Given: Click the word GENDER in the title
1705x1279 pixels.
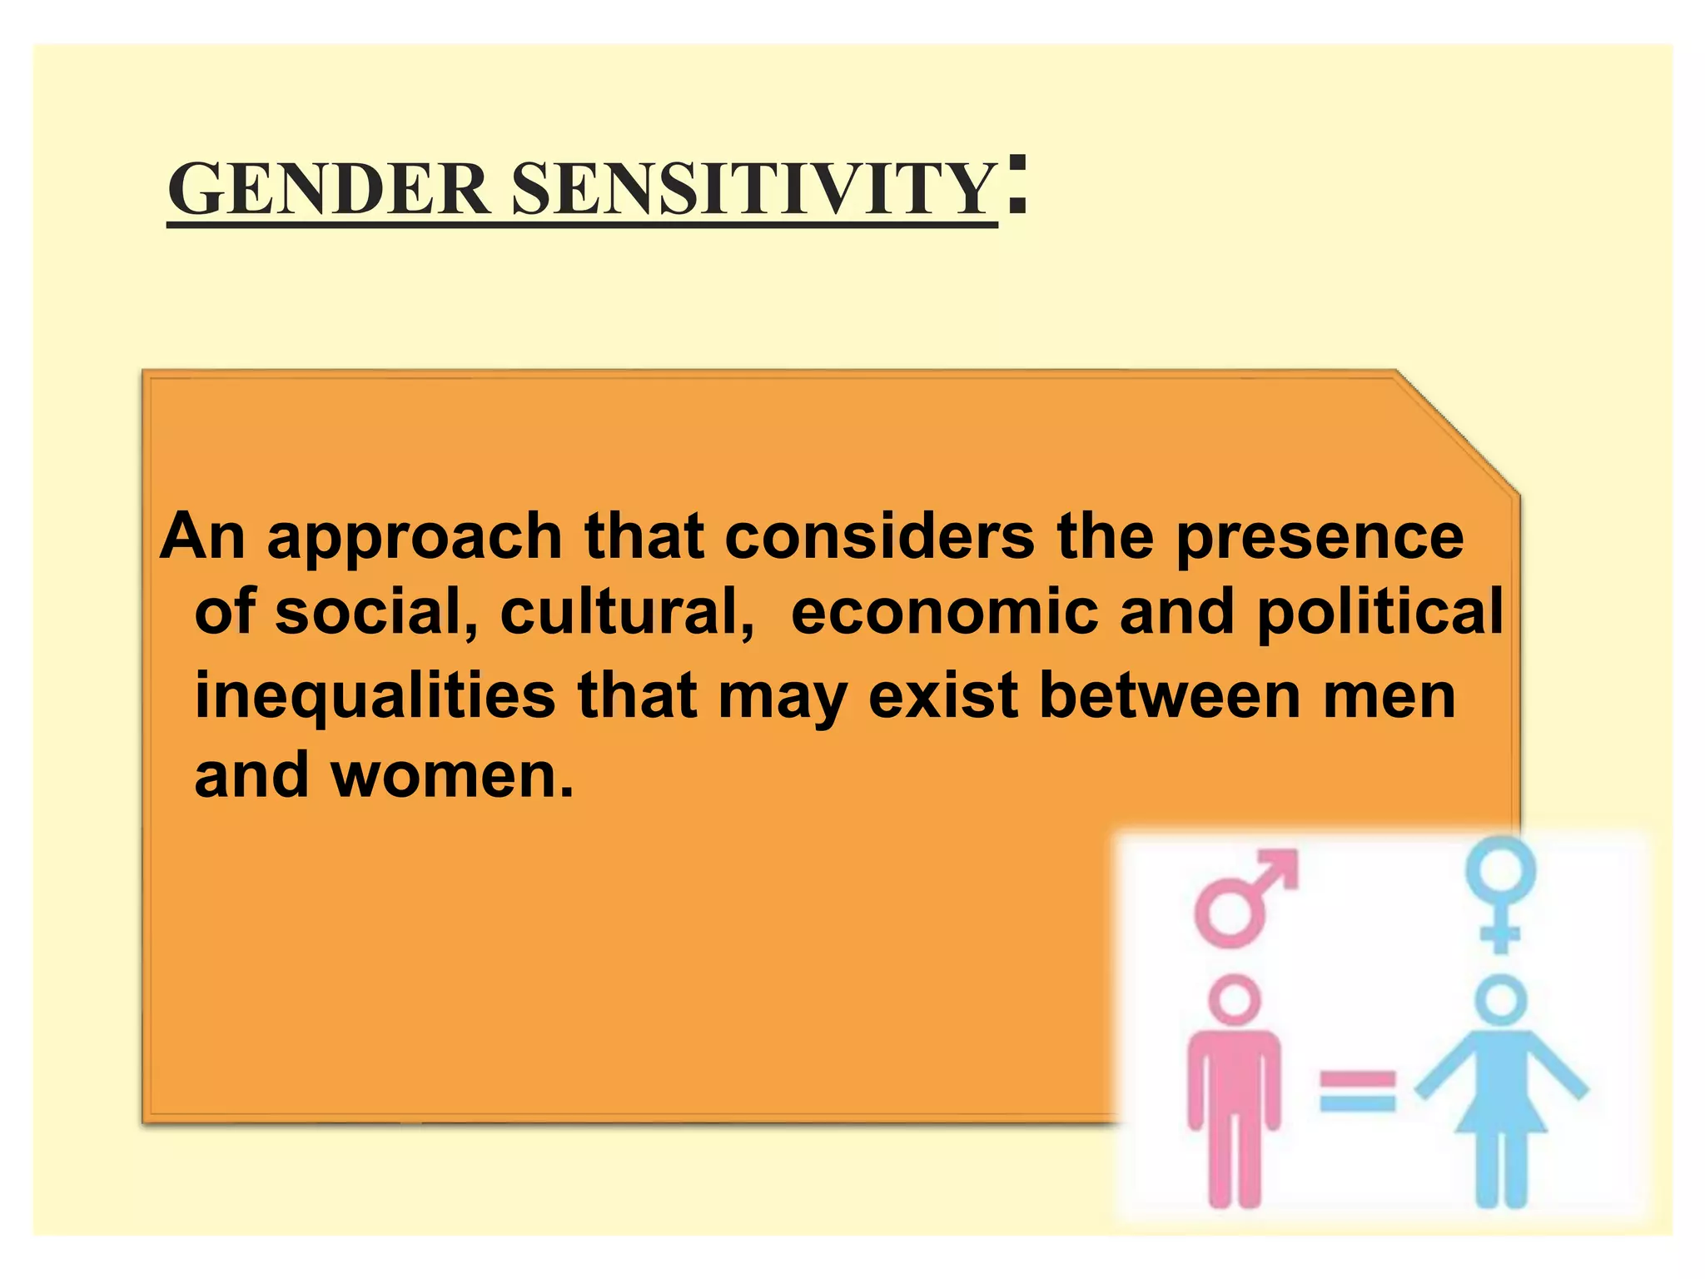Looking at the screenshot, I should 328,190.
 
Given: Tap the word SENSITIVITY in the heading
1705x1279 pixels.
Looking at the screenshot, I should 753,190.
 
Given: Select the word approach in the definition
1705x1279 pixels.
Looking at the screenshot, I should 414,539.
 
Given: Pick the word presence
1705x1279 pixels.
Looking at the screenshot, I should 1319,539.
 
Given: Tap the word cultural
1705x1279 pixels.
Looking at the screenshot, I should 627,612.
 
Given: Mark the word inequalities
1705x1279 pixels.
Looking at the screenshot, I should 375,697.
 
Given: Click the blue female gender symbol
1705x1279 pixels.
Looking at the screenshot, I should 1501,893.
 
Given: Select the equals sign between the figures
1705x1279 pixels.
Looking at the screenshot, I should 1357,1092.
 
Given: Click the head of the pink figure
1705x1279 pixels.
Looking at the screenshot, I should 1235,999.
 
